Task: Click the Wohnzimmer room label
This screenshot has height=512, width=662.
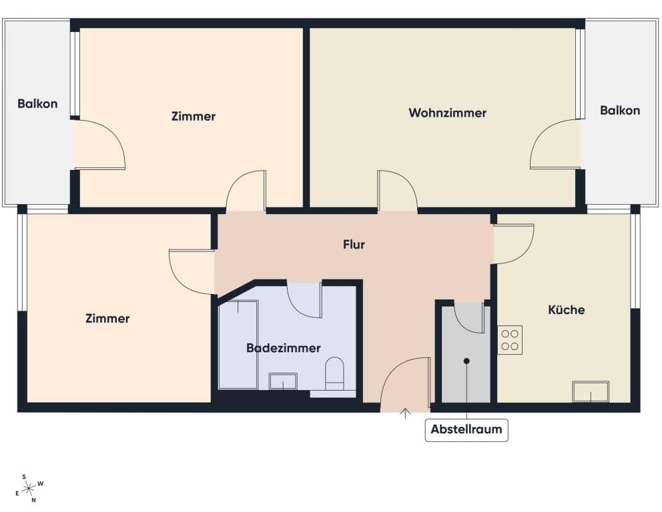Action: point(447,113)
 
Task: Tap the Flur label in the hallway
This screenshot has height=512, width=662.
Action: point(354,245)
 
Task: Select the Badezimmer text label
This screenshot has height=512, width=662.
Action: point(283,348)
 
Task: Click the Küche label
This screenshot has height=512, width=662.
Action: point(566,309)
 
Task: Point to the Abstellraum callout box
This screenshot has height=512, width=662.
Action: point(466,429)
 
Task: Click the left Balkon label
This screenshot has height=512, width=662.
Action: point(37,103)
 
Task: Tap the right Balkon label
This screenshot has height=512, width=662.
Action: point(619,110)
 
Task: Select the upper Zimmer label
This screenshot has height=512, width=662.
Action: point(193,116)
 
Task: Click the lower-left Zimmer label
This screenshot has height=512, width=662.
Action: point(107,318)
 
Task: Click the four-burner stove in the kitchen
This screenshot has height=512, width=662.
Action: point(510,339)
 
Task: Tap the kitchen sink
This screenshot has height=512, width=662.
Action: point(591,391)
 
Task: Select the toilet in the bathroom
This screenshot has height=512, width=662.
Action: point(334,373)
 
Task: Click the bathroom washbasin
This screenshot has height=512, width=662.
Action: point(283,381)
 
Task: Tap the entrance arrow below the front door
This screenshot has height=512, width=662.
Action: point(404,413)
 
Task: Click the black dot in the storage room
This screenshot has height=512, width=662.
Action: point(466,361)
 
